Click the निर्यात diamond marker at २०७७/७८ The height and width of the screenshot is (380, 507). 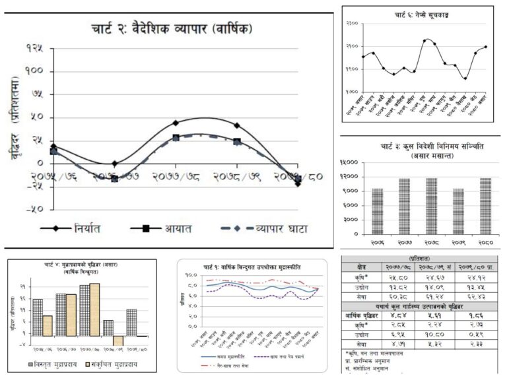tap(176, 123)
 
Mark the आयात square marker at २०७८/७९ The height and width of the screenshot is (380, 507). tap(237, 142)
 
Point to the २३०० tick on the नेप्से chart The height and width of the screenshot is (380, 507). tap(352, 24)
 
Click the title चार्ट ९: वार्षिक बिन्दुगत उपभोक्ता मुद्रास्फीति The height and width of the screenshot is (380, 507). tap(252, 267)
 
